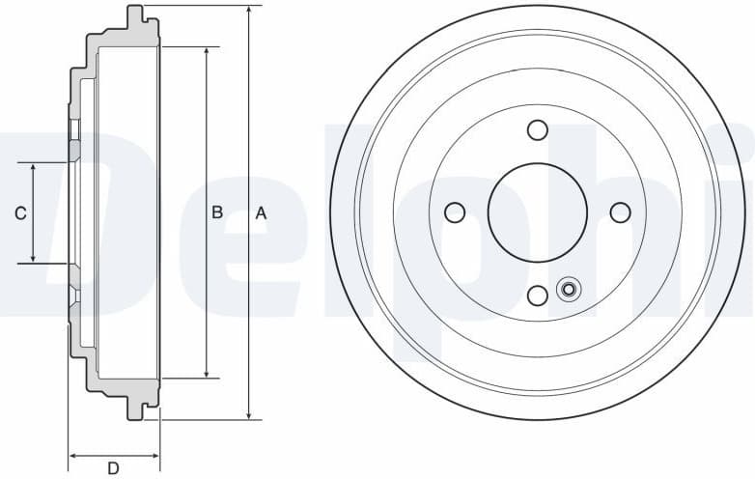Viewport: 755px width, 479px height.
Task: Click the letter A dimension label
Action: click(260, 213)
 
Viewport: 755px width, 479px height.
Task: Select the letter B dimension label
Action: click(217, 212)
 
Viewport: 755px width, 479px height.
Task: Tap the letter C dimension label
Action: click(20, 213)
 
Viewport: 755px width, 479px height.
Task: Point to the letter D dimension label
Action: click(113, 468)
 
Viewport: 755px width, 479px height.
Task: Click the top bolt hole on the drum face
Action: click(538, 129)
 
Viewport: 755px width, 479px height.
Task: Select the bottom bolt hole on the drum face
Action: click(538, 296)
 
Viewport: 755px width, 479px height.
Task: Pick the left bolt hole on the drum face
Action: click(455, 212)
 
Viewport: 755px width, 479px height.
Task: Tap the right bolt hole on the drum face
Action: click(621, 212)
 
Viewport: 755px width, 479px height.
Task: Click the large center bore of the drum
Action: click(538, 212)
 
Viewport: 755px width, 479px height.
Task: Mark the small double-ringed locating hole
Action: click(568, 289)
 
